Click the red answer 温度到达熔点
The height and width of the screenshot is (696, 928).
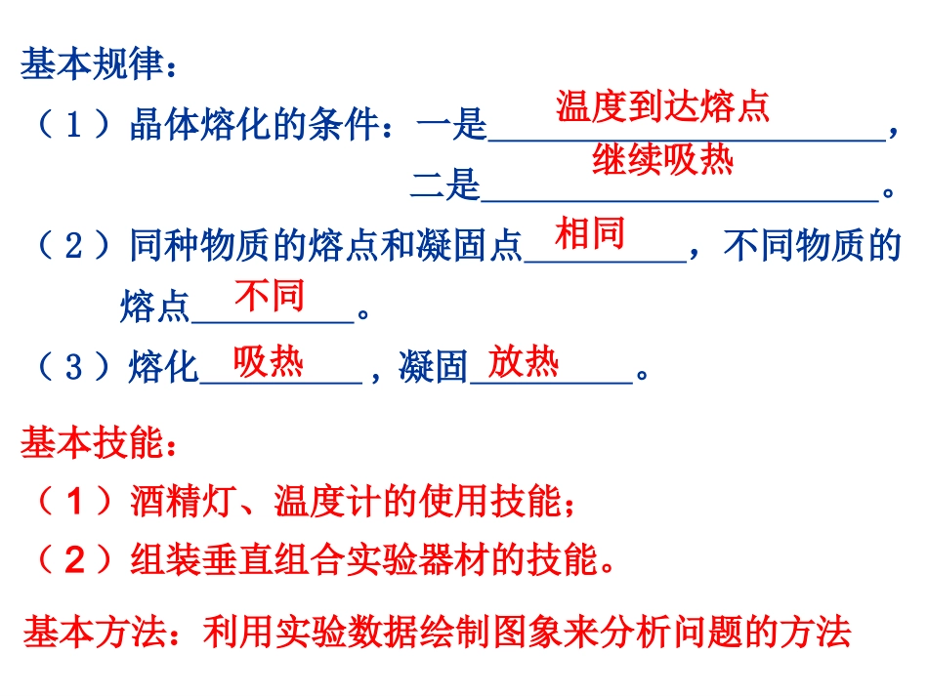click(x=663, y=106)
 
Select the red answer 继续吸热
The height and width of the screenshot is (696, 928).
click(x=662, y=159)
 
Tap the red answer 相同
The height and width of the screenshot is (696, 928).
click(x=589, y=234)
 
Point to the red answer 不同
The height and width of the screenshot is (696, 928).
click(x=269, y=296)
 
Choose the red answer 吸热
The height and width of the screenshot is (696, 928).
click(x=269, y=362)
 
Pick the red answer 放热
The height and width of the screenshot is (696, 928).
click(x=524, y=362)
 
